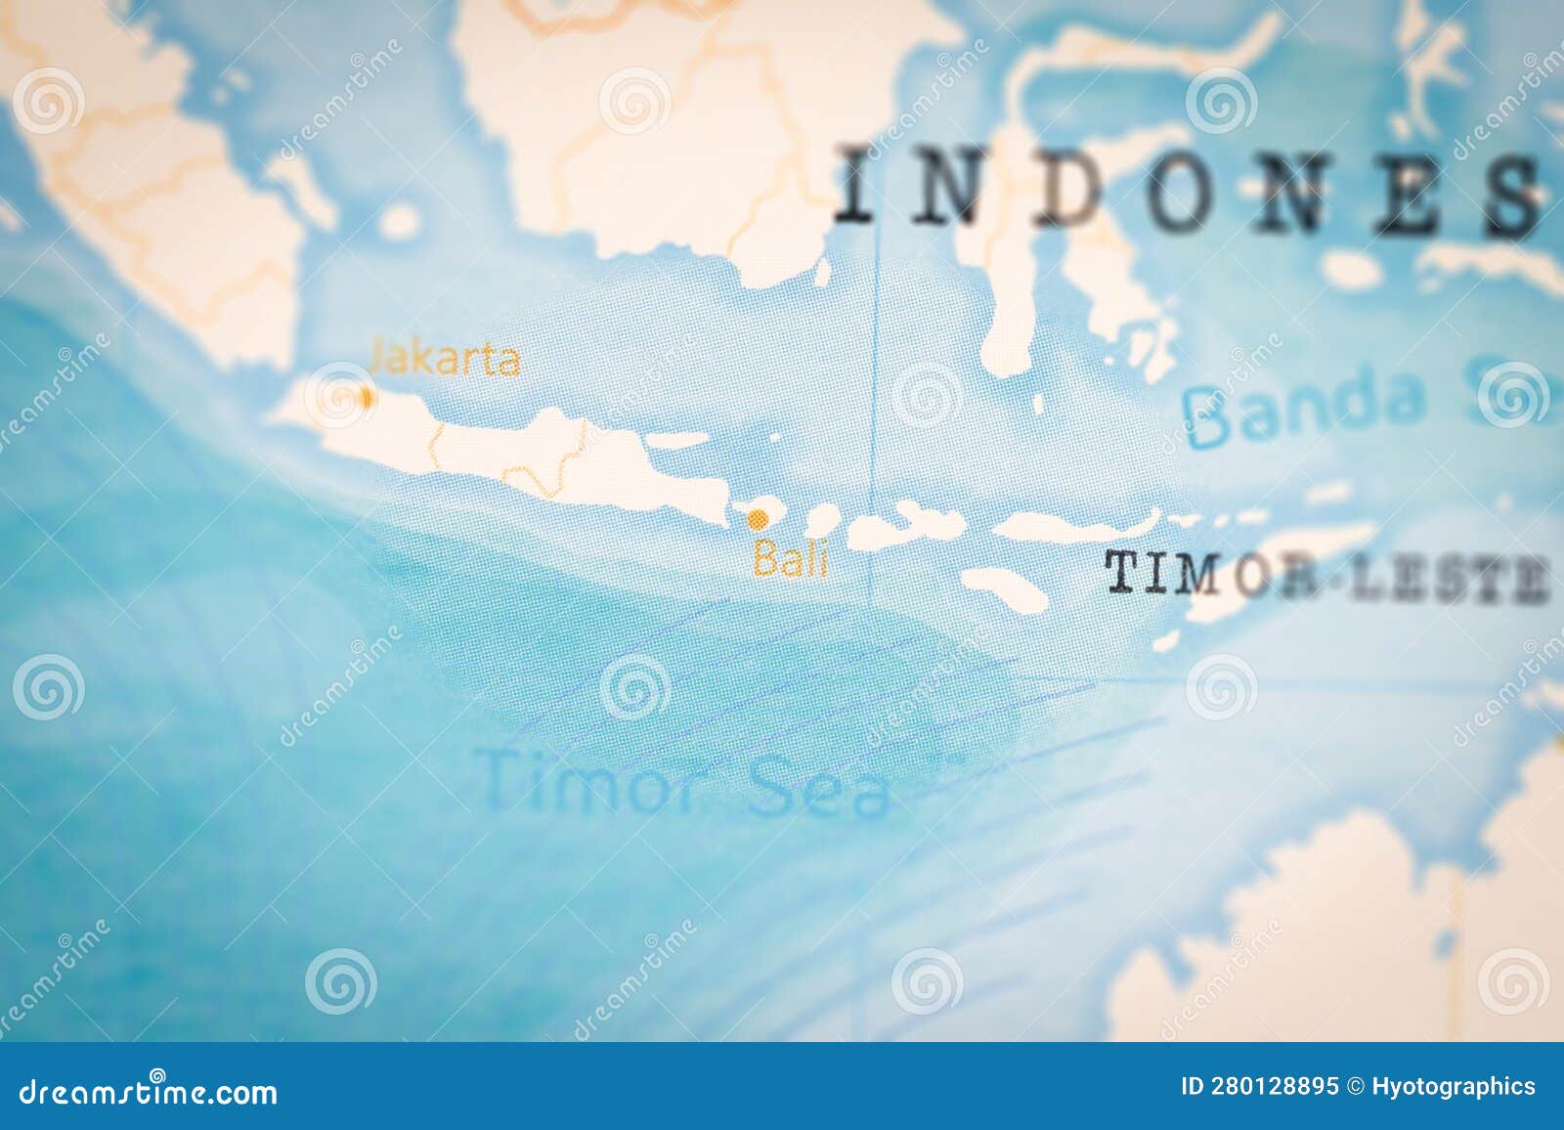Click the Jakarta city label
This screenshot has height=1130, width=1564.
(445, 359)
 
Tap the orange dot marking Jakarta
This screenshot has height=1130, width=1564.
(367, 398)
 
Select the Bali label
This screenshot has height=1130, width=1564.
(790, 561)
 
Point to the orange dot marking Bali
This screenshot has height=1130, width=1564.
(758, 517)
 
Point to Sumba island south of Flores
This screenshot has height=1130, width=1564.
(1004, 587)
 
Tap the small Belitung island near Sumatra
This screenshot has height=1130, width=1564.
(399, 221)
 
